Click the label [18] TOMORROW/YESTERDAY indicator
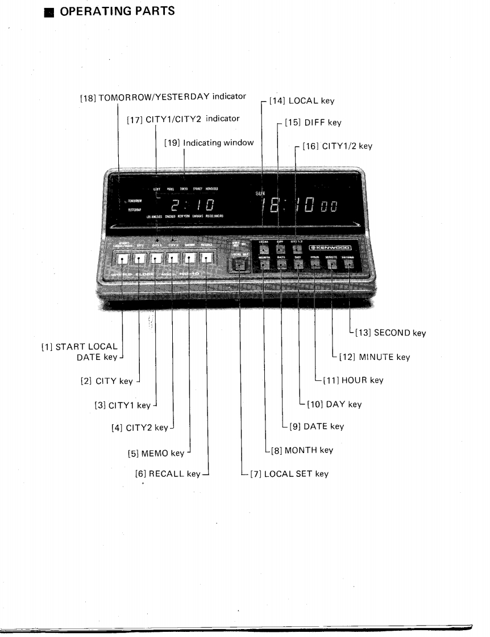163,97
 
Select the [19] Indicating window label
209,143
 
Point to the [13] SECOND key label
390,333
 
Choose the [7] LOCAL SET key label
289,473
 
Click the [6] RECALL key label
168,473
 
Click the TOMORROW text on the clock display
135,200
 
